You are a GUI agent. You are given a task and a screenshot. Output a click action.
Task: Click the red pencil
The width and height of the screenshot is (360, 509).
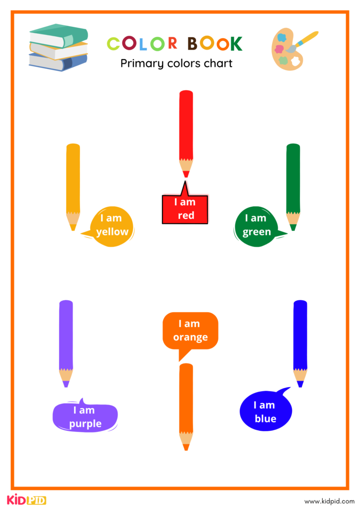click(186, 129)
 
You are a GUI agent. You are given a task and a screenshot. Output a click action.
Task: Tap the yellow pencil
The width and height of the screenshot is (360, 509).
click(73, 184)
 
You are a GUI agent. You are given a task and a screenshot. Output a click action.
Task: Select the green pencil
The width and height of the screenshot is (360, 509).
click(293, 184)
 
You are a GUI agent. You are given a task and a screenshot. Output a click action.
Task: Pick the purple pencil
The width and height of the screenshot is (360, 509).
click(66, 340)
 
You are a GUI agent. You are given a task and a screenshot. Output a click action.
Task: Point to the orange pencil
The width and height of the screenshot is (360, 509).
click(186, 403)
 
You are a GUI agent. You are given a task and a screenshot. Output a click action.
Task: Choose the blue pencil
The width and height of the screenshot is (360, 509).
click(300, 340)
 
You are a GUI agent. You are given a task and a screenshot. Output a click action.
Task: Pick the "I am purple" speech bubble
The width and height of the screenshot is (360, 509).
click(86, 417)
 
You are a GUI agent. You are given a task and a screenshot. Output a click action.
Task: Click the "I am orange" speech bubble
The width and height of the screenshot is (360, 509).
click(190, 331)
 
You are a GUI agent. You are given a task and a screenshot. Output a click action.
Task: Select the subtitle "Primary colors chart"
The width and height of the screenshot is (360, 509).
click(177, 64)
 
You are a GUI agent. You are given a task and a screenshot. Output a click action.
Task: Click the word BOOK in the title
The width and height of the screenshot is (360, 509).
click(215, 44)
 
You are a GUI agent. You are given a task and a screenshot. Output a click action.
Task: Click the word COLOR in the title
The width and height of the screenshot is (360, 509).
click(142, 44)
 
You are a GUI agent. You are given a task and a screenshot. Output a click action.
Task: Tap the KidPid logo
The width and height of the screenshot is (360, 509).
click(26, 499)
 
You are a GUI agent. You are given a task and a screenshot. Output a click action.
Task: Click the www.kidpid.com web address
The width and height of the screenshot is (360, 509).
click(329, 501)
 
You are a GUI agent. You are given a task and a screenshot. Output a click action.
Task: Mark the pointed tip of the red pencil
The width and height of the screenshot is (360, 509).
click(186, 175)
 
